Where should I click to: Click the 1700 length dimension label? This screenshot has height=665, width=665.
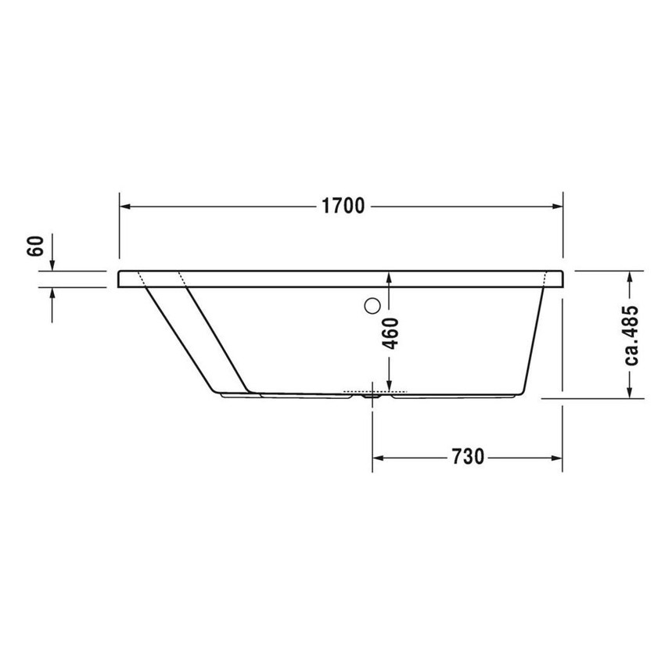pos(343,206)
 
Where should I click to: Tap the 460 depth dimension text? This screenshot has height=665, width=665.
pos(390,333)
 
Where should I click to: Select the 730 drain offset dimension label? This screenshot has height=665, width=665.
pos(467,457)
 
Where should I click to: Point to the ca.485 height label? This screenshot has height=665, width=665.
pos(631,335)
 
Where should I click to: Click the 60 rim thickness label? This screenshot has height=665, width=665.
pos(36,246)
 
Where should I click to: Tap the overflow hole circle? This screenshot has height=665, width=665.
pos(372,306)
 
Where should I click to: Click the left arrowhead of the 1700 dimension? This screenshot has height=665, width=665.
pos(125,207)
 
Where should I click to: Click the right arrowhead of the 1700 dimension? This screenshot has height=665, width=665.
pos(557,207)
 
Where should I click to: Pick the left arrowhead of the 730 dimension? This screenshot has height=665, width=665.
pos(378,458)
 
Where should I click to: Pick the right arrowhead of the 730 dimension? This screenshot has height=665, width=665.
pos(557,458)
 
